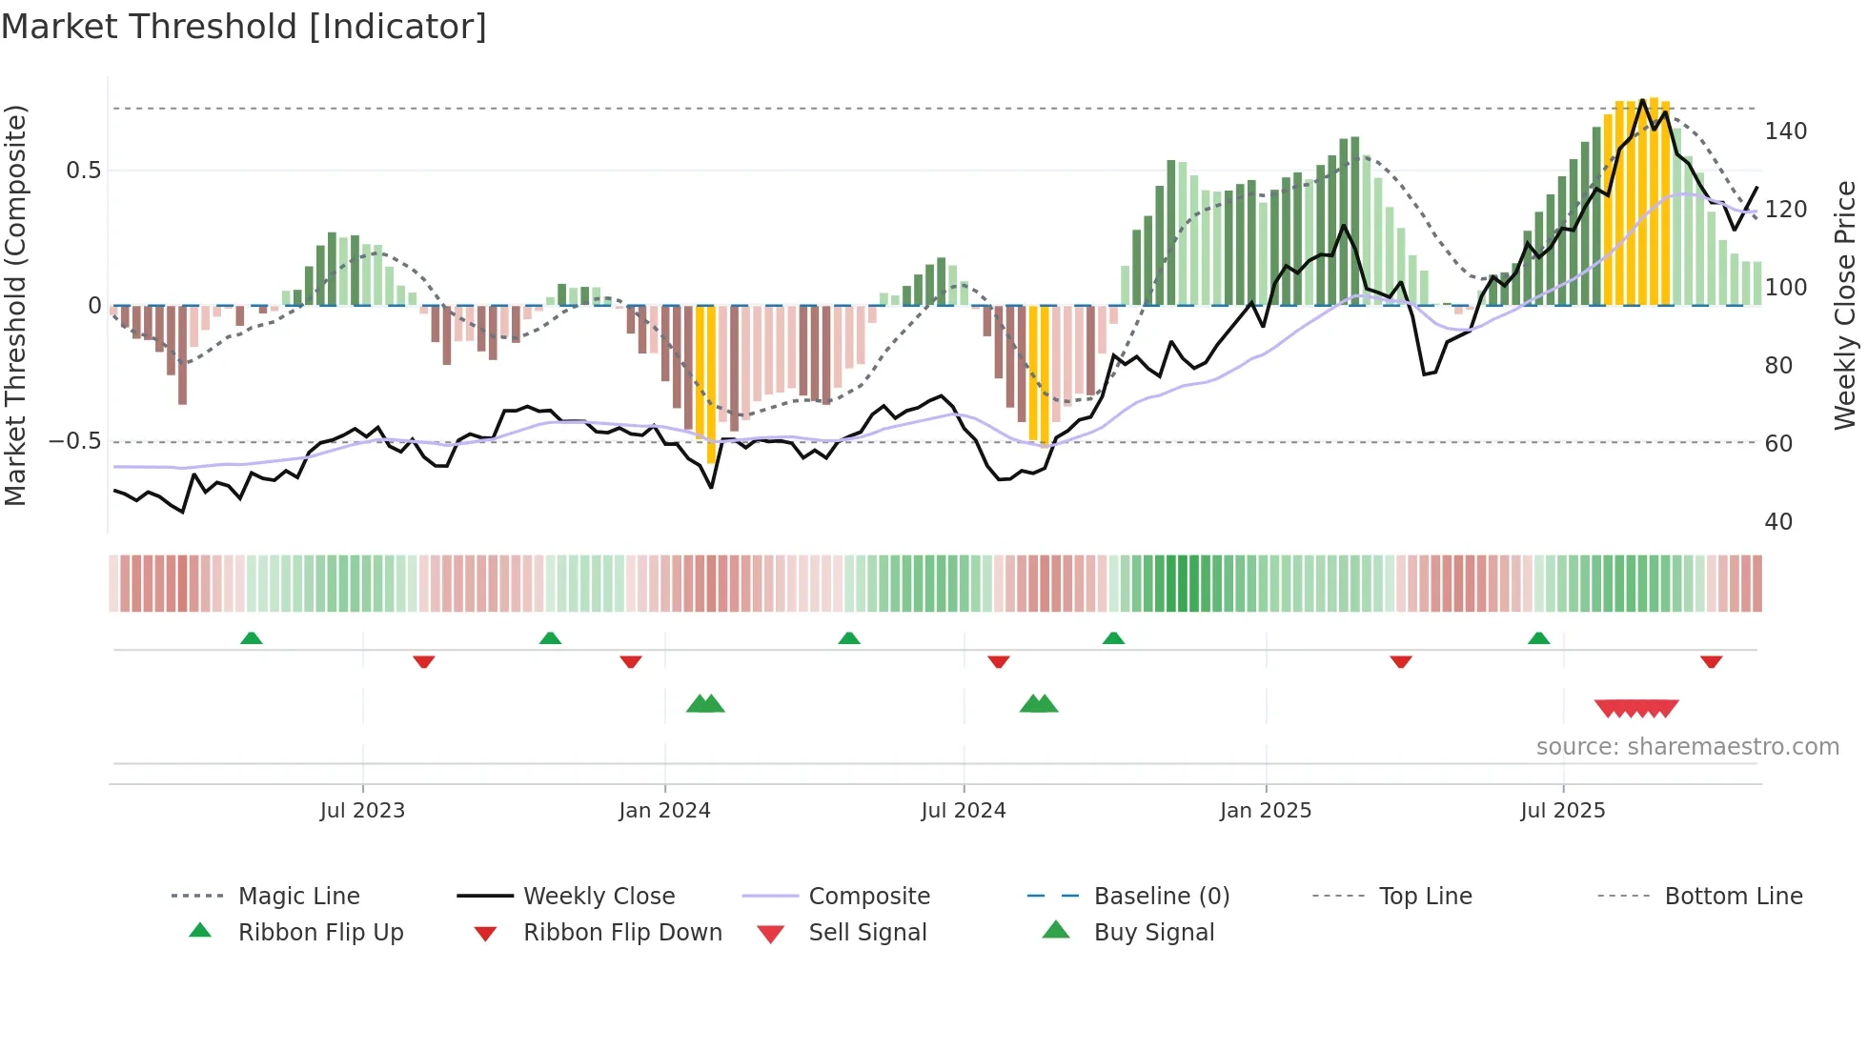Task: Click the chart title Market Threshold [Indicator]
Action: click(244, 27)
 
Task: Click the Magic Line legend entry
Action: click(298, 897)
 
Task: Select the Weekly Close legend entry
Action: click(599, 897)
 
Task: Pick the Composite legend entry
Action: click(868, 897)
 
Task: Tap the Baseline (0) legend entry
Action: click(1161, 897)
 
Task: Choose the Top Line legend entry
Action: click(1425, 897)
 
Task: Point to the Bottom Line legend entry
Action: click(1733, 897)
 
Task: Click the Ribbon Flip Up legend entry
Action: click(320, 933)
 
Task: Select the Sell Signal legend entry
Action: click(866, 933)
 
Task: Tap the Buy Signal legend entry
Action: click(1153, 933)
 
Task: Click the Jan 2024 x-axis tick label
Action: click(664, 811)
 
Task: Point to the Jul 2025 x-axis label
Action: click(1562, 811)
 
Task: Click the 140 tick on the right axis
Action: click(1785, 131)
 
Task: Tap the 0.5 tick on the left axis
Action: click(83, 171)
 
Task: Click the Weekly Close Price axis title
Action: click(1845, 305)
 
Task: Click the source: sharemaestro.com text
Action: click(1687, 747)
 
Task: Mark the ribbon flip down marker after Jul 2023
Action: click(424, 661)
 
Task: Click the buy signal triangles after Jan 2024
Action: click(705, 704)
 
